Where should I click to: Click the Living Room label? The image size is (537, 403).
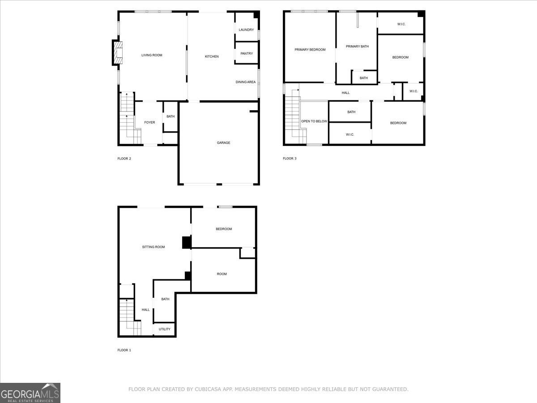[x=152, y=55]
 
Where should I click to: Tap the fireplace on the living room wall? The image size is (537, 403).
[x=117, y=53]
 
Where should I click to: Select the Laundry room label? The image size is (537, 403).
[x=246, y=30]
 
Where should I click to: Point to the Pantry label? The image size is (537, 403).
[x=247, y=54]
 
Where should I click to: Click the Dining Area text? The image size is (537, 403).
[x=246, y=82]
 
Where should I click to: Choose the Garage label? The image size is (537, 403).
[x=223, y=143]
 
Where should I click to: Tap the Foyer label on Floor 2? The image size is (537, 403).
[x=149, y=123]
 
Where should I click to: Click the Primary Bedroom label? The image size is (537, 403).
[x=310, y=50]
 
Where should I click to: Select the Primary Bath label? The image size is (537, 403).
[x=357, y=46]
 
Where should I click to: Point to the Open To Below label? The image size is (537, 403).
[x=314, y=121]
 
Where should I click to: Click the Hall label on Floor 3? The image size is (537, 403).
[x=345, y=93]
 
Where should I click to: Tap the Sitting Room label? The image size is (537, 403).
[x=153, y=247]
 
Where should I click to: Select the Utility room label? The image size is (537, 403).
[x=164, y=329]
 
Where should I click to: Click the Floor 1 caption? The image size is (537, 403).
[x=124, y=350]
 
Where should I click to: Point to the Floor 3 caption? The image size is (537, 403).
[x=290, y=159]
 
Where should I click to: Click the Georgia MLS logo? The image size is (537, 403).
[x=30, y=393]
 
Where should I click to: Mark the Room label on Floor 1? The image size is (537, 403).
[x=222, y=274]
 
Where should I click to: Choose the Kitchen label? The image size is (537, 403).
[x=212, y=56]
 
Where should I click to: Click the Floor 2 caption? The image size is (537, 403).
[x=124, y=159]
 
